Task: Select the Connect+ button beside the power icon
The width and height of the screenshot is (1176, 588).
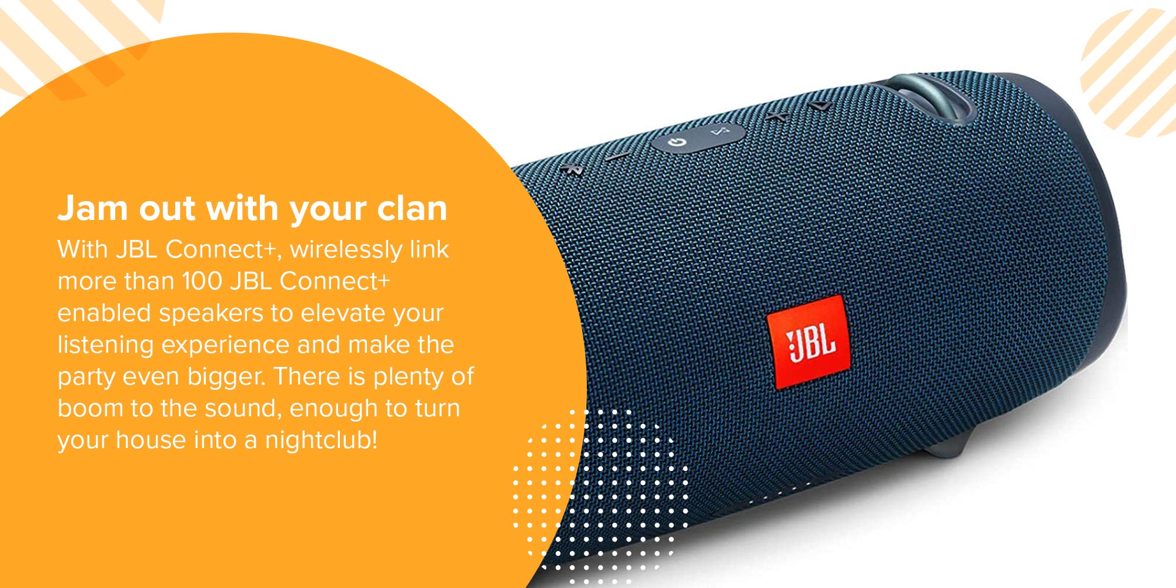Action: coord(720,131)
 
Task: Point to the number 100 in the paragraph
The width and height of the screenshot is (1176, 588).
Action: coord(202,281)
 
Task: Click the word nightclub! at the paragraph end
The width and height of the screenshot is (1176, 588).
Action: coord(322,440)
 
